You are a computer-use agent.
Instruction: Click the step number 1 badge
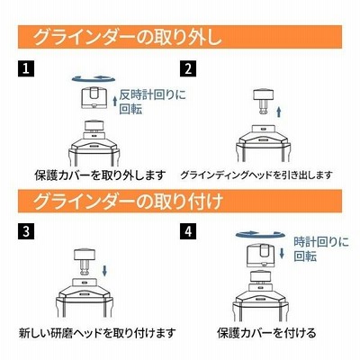[26, 68]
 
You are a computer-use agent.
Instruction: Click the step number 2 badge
[188, 68]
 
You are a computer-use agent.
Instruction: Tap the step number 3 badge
[26, 231]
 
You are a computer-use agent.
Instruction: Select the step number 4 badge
[188, 231]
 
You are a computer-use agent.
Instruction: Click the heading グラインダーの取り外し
[128, 38]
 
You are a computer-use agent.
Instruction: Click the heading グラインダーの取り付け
[128, 202]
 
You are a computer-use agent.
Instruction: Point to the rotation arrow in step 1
[94, 78]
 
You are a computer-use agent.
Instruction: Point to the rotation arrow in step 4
[260, 234]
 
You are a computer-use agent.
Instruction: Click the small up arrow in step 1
[115, 101]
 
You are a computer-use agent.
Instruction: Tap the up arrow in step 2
[279, 112]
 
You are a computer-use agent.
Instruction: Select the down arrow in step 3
[104, 271]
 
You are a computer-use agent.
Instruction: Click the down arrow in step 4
[282, 254]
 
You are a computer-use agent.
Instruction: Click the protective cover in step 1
[94, 98]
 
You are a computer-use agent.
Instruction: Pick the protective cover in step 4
[260, 256]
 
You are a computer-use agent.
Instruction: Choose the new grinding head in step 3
[84, 262]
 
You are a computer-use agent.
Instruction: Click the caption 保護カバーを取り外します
[100, 175]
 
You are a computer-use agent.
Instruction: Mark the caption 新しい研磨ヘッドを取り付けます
[97, 333]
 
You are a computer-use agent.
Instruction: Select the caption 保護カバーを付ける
[266, 333]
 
